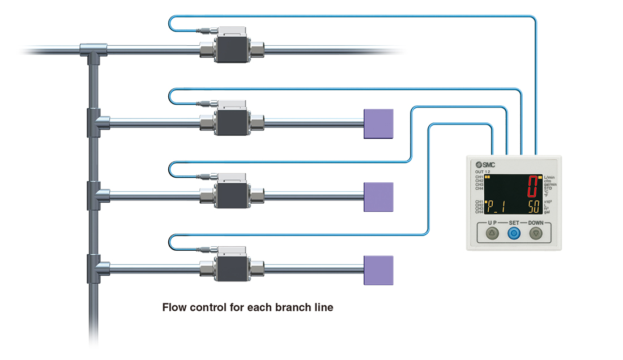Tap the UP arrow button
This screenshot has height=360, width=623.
point(492,233)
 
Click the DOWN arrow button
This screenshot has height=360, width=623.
point(535,233)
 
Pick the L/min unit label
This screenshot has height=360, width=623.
point(550,177)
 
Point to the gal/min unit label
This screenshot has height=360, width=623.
point(551,185)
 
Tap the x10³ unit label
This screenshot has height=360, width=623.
point(549,202)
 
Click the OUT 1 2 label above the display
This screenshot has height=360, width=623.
point(483,172)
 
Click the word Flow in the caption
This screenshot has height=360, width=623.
point(173,308)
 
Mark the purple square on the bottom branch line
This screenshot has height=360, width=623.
point(378,270)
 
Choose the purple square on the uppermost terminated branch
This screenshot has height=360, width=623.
point(378,123)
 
